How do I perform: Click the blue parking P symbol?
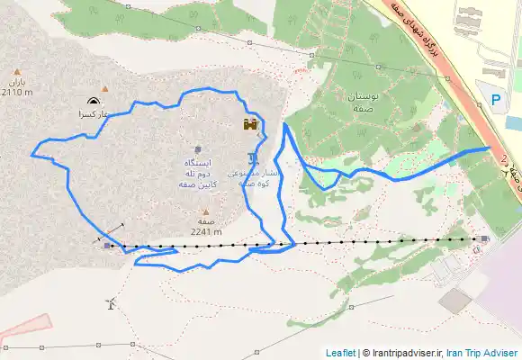498,101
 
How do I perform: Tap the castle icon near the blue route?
250,124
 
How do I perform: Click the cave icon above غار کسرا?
94,102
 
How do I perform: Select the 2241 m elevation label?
206,230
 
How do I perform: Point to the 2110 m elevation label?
17,92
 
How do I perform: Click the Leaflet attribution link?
341,353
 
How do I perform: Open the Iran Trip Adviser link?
481,353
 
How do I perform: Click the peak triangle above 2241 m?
205,212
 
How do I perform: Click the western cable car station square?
107,244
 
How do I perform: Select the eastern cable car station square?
485,238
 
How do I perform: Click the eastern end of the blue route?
489,147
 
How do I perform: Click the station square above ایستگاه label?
197,148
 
